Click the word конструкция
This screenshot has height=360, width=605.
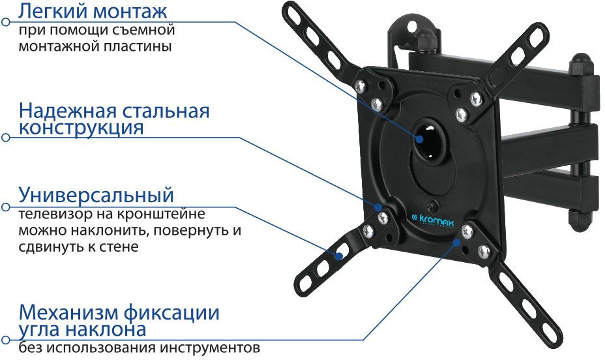(x=81, y=127)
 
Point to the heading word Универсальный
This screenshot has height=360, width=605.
(x=96, y=194)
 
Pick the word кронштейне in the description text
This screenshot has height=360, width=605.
(x=171, y=213)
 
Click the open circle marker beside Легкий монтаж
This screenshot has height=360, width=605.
(x=6, y=22)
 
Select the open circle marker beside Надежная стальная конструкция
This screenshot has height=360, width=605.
(x=6, y=138)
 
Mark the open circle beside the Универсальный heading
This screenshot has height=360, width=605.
(x=6, y=207)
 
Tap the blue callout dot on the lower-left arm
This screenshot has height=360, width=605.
(x=338, y=256)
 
